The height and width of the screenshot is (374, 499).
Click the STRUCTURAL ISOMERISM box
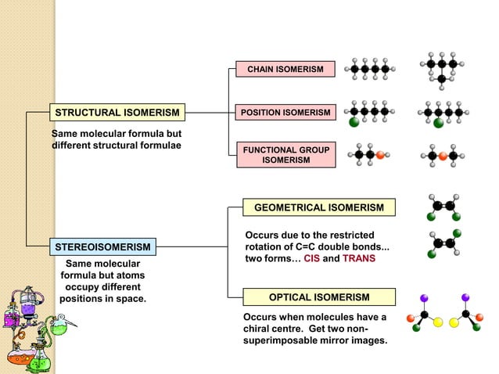(x=117, y=113)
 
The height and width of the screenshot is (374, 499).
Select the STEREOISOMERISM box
(x=101, y=248)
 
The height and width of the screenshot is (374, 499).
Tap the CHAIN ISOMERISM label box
(x=285, y=70)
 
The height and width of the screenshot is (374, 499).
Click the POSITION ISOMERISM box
(x=285, y=113)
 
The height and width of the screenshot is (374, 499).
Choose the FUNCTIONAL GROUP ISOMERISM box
(x=285, y=155)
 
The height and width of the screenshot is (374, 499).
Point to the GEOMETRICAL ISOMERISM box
(x=319, y=207)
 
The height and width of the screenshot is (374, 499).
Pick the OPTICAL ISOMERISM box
(x=319, y=297)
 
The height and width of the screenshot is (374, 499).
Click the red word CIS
(x=311, y=259)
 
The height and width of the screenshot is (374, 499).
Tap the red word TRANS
(x=359, y=259)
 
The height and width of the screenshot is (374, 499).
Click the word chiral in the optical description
(x=260, y=329)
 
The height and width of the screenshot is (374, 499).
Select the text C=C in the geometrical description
(x=307, y=247)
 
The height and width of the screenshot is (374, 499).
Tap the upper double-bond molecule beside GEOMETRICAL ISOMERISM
(x=443, y=207)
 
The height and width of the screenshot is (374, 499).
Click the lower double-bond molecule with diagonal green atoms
(x=443, y=243)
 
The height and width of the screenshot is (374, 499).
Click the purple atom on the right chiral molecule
(x=466, y=297)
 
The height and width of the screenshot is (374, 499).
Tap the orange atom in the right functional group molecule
(x=443, y=156)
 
